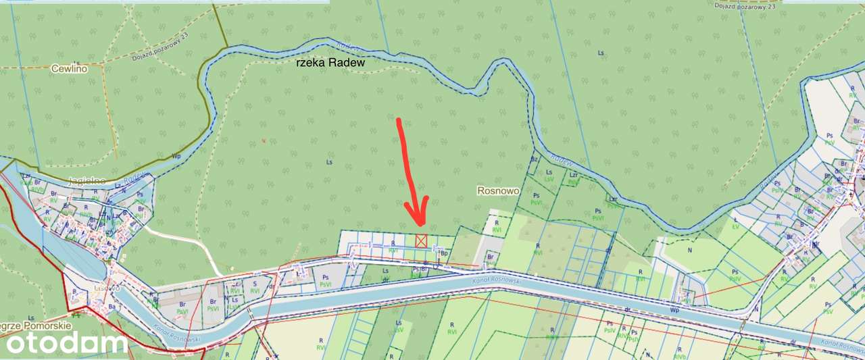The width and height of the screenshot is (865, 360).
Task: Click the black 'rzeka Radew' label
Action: (330, 63)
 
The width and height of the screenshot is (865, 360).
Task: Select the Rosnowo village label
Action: (498, 191)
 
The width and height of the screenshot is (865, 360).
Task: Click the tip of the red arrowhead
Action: (418, 225)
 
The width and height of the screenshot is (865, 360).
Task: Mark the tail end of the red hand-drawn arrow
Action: (399, 121)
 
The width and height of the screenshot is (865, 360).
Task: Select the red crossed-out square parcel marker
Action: (421, 240)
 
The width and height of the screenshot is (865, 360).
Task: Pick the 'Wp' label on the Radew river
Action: (176, 156)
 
